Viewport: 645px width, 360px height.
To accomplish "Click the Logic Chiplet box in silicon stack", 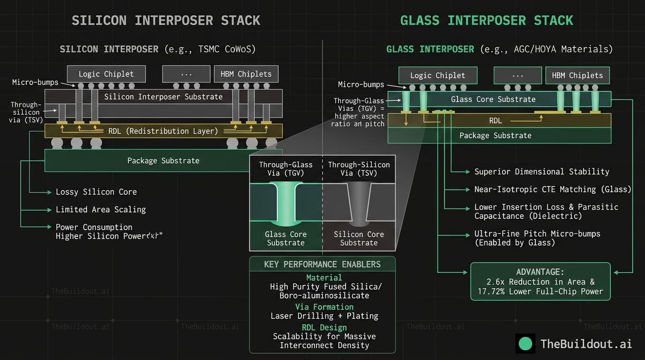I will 106,74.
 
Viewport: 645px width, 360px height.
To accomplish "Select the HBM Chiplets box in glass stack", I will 577,75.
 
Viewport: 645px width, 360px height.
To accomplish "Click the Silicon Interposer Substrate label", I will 163,97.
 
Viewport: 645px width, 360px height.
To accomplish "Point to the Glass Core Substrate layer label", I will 493,99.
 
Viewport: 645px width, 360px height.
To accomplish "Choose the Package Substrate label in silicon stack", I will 163,161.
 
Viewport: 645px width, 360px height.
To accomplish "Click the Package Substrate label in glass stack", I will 495,135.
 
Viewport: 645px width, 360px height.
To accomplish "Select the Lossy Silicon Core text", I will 96,192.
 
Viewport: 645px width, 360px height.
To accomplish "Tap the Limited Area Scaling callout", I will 100,210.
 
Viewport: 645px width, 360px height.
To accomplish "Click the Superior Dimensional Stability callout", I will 541,172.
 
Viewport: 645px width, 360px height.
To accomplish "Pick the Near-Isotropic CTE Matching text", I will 552,189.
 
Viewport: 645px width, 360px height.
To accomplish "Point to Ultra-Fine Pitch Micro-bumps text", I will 537,234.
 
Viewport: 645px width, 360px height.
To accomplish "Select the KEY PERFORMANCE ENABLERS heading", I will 322,264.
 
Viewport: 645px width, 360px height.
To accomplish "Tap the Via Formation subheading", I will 324,307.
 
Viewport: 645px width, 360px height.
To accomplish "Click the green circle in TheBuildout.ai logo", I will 525,344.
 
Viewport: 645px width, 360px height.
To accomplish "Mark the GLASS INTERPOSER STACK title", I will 486,21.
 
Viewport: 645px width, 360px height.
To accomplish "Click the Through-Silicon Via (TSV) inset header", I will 359,169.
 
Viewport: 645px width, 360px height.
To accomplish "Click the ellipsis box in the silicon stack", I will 186,74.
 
